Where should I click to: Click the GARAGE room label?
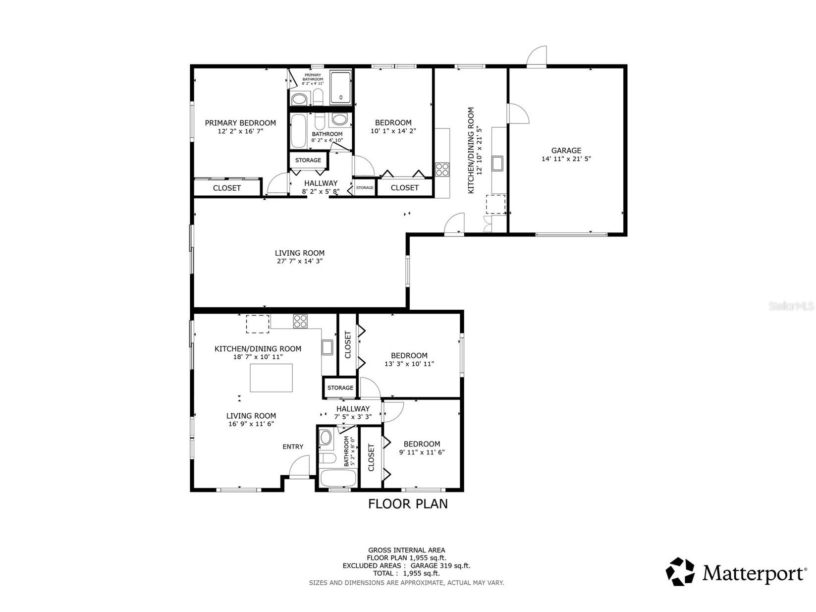click(566, 151)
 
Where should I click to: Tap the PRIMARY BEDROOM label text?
click(240, 123)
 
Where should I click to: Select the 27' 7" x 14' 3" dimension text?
click(300, 261)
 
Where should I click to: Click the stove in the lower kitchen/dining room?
click(300, 321)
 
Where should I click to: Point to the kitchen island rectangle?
click(271, 378)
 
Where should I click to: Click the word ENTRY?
click(293, 446)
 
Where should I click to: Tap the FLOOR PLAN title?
click(408, 504)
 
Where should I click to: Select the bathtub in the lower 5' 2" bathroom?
click(338, 479)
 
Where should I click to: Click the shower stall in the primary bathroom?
click(340, 88)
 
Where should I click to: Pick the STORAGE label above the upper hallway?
click(308, 160)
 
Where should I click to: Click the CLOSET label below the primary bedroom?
click(227, 188)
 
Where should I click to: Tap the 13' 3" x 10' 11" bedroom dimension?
click(409, 364)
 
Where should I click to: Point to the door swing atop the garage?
click(537, 56)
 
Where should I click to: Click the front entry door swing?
click(300, 467)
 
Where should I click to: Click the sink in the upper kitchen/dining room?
click(497, 163)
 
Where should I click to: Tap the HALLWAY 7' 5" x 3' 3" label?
click(353, 413)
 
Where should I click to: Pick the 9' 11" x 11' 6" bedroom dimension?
click(422, 452)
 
